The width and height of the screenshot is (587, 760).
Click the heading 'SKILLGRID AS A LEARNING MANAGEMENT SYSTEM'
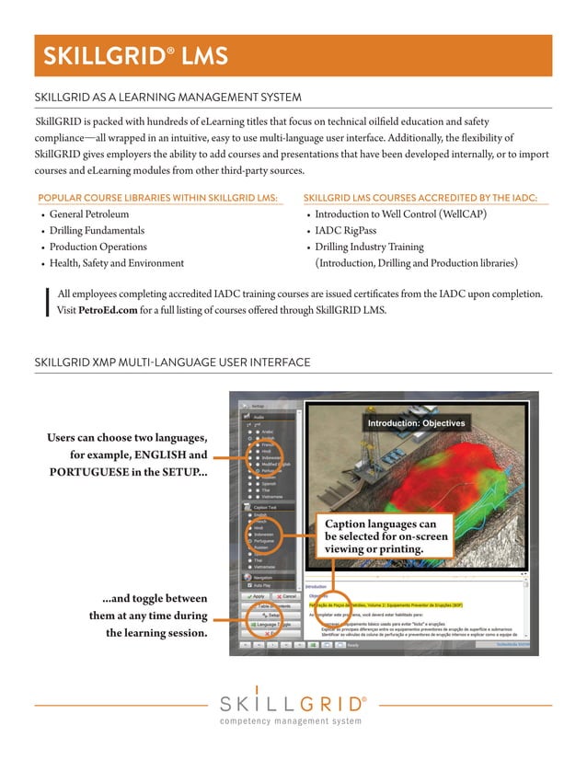pos(167,98)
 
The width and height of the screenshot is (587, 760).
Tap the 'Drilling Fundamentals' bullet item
pos(97,230)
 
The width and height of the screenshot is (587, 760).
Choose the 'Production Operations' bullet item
pos(98,247)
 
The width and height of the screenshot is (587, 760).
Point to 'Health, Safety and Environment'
pos(117,263)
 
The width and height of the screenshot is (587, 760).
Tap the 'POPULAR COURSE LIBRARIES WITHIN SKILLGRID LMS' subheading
pos(157,198)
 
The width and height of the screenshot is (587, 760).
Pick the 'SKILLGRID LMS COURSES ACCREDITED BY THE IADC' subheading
pos(420,198)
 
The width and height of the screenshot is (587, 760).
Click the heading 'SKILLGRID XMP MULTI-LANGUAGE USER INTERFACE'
pos(172,363)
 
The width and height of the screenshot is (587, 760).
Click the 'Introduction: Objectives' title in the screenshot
pos(416,423)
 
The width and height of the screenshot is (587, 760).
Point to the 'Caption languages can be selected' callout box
pos(386,536)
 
